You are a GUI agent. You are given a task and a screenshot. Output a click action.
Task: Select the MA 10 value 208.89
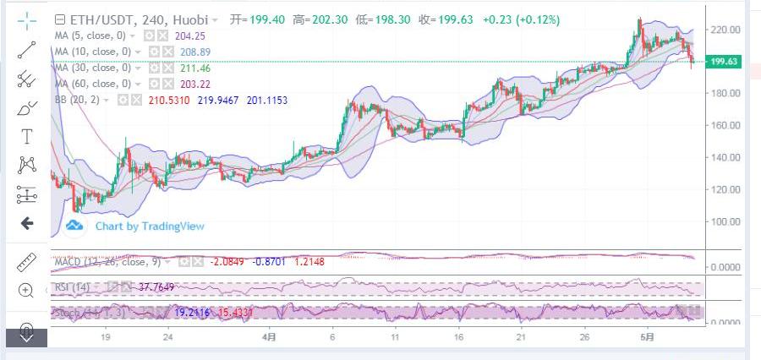(x=194, y=52)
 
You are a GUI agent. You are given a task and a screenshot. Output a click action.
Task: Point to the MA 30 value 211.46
(x=194, y=68)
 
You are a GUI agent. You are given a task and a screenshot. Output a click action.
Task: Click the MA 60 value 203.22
(x=194, y=84)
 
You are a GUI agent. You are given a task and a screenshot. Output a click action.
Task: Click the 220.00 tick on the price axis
(x=726, y=30)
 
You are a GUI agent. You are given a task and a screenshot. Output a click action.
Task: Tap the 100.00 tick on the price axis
(x=726, y=221)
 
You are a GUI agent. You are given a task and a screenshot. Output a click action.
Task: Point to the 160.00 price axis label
(x=726, y=125)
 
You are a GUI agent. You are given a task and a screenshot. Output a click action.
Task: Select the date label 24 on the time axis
(x=168, y=336)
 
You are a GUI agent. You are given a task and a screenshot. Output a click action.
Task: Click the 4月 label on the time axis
(x=269, y=336)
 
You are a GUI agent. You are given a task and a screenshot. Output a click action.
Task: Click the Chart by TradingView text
(x=149, y=226)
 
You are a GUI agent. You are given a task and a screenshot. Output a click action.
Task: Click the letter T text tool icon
(x=27, y=136)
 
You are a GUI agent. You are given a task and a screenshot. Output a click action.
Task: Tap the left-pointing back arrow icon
(x=26, y=223)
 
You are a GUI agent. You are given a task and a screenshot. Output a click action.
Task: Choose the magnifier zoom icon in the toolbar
(x=26, y=290)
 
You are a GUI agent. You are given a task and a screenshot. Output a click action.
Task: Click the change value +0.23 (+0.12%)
(x=520, y=19)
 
